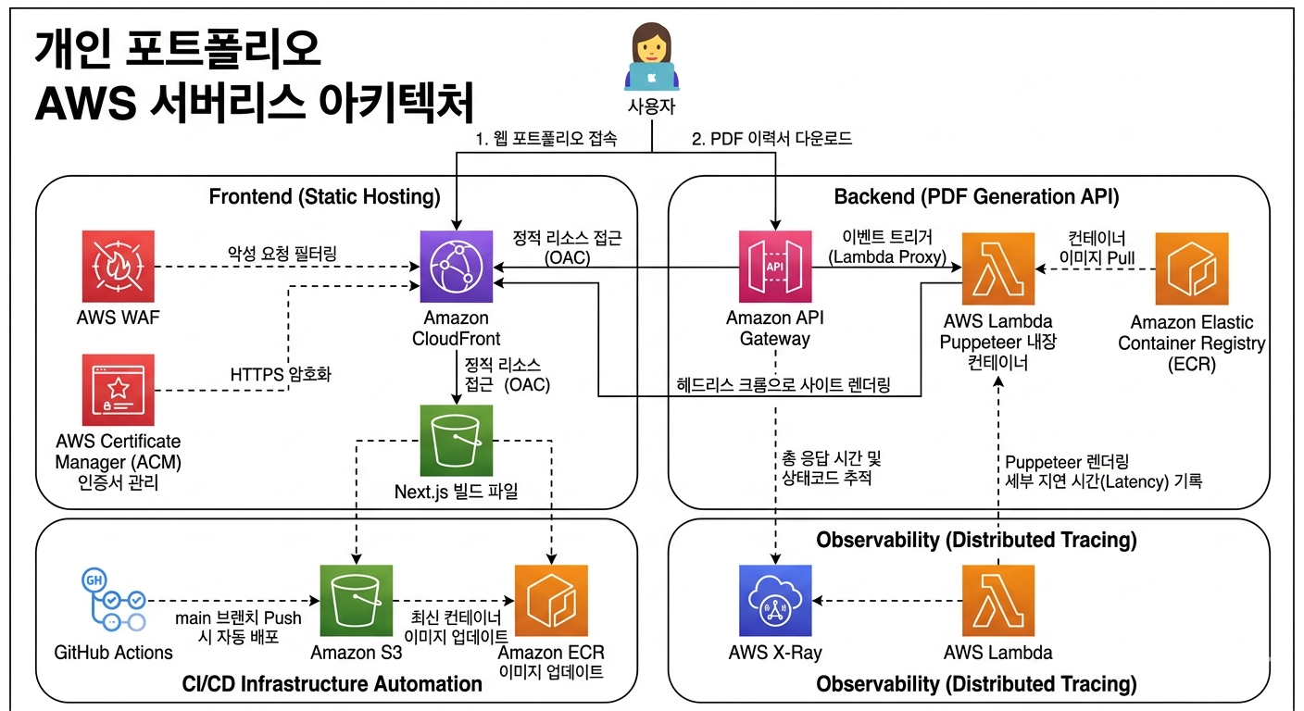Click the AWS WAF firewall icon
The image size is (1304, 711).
pos(118,268)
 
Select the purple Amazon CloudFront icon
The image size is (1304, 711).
pos(457,268)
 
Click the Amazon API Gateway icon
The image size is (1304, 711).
pos(775,268)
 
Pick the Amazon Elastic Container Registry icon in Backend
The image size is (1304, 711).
pos(1191,268)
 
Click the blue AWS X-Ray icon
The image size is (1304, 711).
pos(775,601)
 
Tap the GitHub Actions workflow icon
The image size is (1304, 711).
pos(113,601)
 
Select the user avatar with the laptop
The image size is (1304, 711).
pos(652,57)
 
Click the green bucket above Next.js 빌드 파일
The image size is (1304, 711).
pos(457,440)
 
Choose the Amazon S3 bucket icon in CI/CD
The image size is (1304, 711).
pos(357,601)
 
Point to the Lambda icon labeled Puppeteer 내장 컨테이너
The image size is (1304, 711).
pos(998,268)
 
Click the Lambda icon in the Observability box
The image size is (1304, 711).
pos(998,601)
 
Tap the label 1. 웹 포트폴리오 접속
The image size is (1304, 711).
pos(546,139)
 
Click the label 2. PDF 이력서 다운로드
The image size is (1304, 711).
pos(771,139)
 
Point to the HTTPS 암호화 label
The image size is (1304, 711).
pos(281,375)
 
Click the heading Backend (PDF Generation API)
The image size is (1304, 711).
pos(976,196)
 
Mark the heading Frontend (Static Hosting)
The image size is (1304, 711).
pos(324,196)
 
